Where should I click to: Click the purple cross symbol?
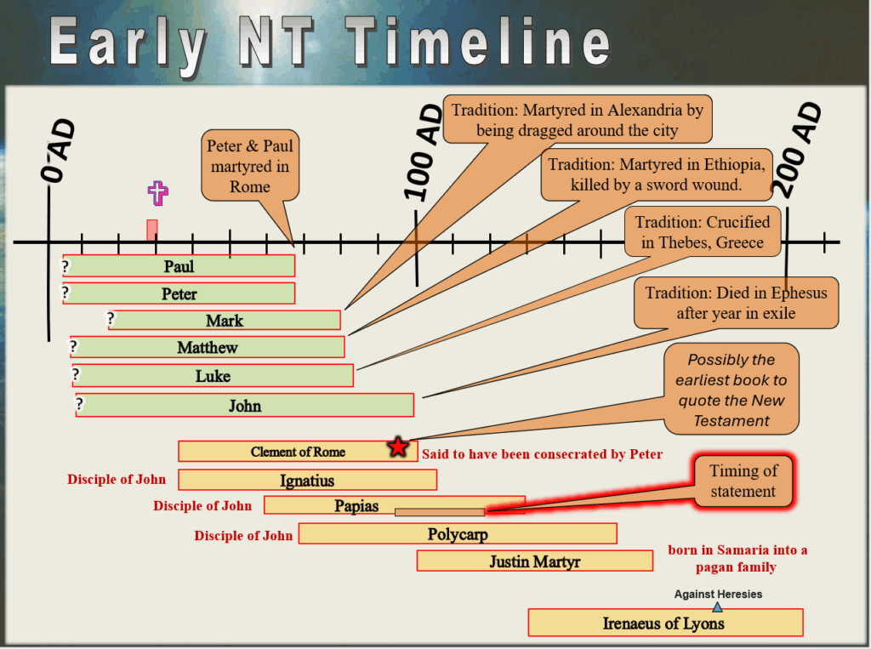(x=157, y=193)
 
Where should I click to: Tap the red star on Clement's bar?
(x=398, y=447)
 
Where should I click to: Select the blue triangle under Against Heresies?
(x=717, y=606)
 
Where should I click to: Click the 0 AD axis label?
(x=57, y=151)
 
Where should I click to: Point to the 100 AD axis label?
(x=424, y=153)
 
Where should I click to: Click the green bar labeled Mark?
(x=225, y=320)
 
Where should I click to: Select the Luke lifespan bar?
(x=213, y=376)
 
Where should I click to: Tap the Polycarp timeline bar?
(x=458, y=533)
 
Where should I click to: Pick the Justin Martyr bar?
(x=534, y=561)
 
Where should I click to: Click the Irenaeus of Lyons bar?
(x=665, y=623)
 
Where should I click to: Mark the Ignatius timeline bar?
(x=307, y=480)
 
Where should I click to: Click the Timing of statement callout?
(x=743, y=481)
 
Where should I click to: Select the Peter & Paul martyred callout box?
(x=250, y=166)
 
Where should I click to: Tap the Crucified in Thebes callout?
(x=703, y=232)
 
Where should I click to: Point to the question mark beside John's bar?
(x=80, y=403)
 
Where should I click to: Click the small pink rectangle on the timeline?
(x=151, y=231)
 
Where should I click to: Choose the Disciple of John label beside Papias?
(x=202, y=505)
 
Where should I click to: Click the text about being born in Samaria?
(x=737, y=559)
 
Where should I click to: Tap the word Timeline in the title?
(x=479, y=41)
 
